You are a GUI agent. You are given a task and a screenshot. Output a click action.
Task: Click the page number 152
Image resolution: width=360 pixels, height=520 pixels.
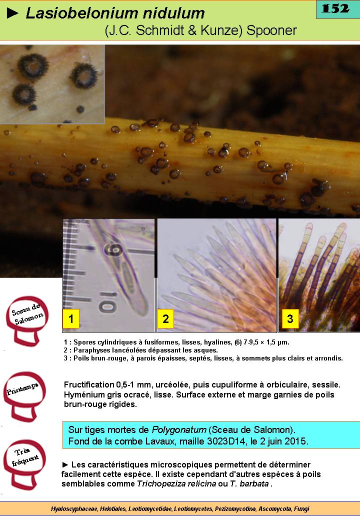click(335, 8)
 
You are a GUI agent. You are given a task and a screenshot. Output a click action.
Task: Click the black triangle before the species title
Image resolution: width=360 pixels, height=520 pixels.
click(12, 13)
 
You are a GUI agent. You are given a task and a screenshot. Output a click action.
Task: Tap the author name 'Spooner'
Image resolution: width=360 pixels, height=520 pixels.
click(271, 30)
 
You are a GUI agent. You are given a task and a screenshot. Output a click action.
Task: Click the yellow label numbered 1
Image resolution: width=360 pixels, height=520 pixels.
click(71, 318)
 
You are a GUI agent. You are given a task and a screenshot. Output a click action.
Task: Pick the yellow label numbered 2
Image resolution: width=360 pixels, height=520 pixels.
click(165, 318)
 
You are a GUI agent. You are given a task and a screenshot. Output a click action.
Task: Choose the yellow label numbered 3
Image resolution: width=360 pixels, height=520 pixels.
click(290, 318)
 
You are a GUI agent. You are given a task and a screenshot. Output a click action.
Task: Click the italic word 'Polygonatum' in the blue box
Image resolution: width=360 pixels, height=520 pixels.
click(179, 430)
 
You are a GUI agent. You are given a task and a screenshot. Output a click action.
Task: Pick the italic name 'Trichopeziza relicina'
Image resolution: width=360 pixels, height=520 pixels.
click(176, 483)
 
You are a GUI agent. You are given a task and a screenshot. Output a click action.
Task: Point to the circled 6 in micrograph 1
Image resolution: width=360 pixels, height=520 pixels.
click(112, 249)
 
